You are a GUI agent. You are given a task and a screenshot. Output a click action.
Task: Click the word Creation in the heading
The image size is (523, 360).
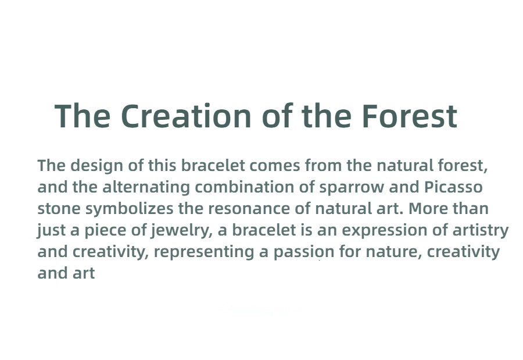tap(186, 116)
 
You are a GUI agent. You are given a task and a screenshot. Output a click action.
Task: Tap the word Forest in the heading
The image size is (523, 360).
tap(409, 116)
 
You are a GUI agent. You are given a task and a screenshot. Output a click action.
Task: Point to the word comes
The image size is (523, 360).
tap(274, 166)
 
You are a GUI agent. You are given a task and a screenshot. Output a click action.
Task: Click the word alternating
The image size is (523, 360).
tap(146, 187)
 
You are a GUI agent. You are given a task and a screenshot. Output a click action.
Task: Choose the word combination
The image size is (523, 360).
tap(244, 187)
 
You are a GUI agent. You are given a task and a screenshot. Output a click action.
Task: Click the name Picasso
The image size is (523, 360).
tap(453, 187)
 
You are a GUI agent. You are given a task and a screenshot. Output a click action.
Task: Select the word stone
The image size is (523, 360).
tap(59, 209)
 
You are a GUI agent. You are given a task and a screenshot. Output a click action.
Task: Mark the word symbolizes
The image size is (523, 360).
tap(129, 209)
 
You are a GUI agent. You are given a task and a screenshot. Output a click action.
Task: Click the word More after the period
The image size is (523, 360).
tap(428, 208)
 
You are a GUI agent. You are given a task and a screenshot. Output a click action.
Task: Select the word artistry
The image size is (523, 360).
tap(481, 231)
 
